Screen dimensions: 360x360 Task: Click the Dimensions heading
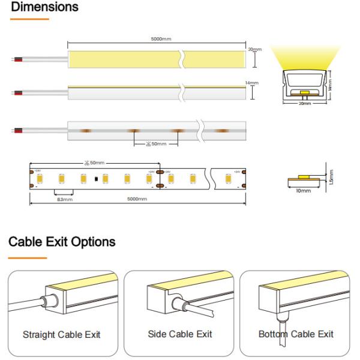44,8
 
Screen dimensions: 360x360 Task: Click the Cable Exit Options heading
62,242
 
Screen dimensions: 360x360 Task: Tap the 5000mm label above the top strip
161,40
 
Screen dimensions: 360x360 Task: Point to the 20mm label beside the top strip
254,49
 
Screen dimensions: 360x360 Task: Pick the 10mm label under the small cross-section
304,191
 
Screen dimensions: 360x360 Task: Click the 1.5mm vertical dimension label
332,176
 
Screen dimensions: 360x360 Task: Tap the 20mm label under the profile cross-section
304,104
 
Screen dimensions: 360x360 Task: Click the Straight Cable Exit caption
62,334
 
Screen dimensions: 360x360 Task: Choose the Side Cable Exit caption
179,334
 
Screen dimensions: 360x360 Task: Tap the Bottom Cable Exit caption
296,334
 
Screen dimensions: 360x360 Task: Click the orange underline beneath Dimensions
29,20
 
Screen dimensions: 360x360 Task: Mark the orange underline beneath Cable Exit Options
27,258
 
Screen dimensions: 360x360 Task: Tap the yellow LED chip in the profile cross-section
304,93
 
